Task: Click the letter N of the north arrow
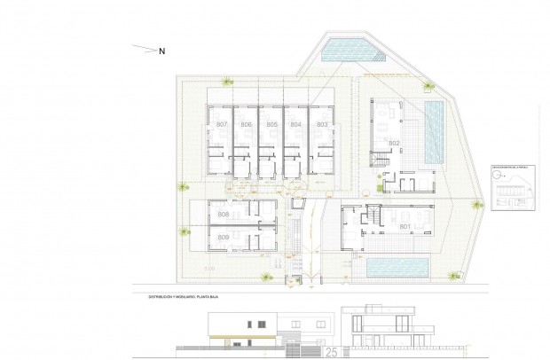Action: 162,51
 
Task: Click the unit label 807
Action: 222,125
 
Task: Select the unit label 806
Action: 246,125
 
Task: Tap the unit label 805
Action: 271,125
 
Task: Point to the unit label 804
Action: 297,125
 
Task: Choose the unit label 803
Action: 322,125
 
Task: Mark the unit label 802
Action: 395,143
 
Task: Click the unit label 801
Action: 405,227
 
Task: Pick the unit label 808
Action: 223,215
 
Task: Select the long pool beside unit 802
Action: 435,130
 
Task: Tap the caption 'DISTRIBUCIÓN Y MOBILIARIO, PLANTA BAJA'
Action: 187,297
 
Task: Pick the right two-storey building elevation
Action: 381,329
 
